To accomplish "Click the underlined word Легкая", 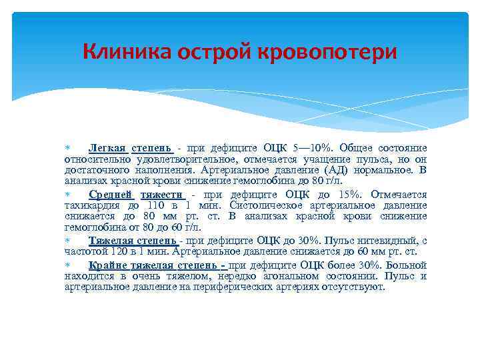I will pos(107,148).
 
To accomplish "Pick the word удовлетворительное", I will pos(178,159).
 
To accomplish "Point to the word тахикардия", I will pos(91,205).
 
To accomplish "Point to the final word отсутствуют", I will pos(351,287).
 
